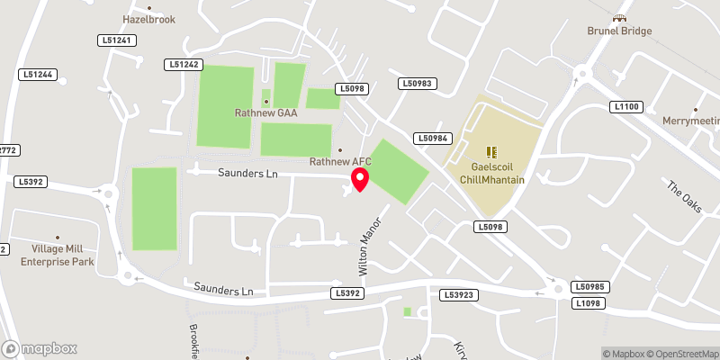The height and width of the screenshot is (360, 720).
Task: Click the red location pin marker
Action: (360, 179)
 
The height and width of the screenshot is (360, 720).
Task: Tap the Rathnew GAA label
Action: (265, 113)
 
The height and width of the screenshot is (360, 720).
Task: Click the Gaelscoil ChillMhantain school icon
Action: (491, 152)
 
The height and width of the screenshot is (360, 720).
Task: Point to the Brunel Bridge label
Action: (618, 31)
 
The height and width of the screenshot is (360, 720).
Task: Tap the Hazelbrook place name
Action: (149, 19)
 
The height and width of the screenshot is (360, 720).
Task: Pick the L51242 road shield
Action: (184, 65)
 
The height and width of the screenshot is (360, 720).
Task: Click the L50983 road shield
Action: (418, 84)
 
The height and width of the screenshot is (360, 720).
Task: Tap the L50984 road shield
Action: (432, 138)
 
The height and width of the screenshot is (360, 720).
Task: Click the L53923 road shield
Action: (459, 294)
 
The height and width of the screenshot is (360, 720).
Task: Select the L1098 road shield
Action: (587, 303)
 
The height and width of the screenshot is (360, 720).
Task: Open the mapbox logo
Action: (40, 348)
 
